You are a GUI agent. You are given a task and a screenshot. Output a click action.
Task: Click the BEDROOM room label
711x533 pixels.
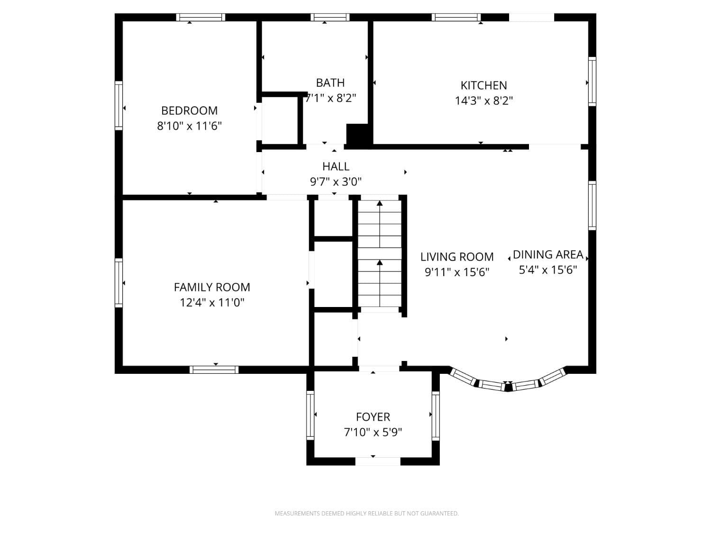point(190,110)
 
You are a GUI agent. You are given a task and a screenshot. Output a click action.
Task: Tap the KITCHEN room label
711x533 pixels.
point(483,85)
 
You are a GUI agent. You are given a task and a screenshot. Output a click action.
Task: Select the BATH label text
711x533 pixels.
point(330,82)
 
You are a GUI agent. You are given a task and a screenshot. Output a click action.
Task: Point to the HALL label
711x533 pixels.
point(336,166)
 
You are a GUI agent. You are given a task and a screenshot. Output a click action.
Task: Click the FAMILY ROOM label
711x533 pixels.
point(212,287)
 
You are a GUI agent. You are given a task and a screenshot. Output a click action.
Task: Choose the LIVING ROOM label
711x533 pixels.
point(457,257)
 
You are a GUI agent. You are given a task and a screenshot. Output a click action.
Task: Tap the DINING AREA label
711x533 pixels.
point(548,254)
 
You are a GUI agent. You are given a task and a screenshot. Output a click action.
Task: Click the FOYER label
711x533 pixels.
point(373,417)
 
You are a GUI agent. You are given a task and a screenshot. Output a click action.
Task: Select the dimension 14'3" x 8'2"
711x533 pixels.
point(483,100)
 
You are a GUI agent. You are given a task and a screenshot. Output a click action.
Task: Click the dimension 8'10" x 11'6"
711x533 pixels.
point(190,126)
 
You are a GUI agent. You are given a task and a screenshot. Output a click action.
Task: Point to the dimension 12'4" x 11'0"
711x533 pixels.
point(212,302)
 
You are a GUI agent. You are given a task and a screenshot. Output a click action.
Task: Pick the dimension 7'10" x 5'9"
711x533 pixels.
point(373,432)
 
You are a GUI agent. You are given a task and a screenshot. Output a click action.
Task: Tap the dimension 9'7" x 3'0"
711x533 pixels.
point(336,181)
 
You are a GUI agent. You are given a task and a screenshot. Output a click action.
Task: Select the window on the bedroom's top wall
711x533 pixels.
point(201,18)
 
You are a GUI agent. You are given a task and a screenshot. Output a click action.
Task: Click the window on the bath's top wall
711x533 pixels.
point(330,18)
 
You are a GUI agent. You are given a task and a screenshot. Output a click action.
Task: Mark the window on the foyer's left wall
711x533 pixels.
point(310,415)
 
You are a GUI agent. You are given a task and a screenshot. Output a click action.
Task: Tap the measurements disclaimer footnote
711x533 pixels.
point(366,513)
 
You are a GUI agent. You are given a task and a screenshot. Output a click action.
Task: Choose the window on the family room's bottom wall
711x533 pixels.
point(214,370)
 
